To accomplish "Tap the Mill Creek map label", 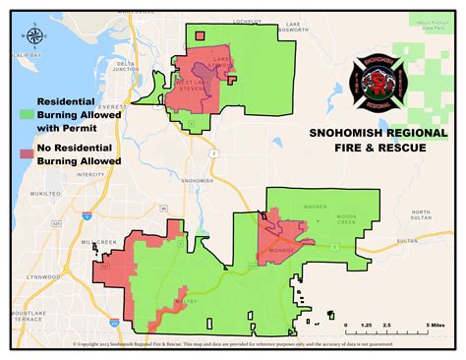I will click(99, 241).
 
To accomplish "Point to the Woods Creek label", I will click(347, 220).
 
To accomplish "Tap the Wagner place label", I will click(314, 208).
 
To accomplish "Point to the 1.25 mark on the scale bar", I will click(365, 324).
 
